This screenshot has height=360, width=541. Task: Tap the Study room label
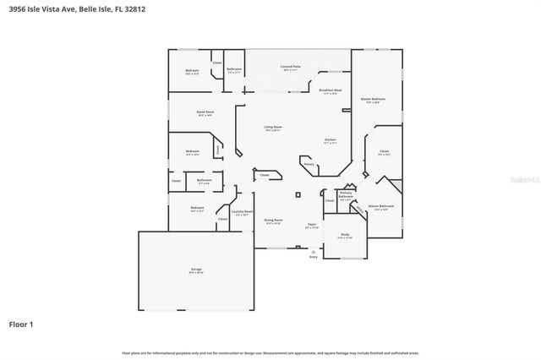point(345,235)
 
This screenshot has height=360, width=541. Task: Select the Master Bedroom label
point(373,100)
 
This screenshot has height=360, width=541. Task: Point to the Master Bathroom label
point(381,207)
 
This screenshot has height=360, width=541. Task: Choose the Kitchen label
point(331,140)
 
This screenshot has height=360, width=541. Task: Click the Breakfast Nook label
point(330,91)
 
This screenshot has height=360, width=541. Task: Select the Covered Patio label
point(291,68)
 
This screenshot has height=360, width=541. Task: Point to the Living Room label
point(272,128)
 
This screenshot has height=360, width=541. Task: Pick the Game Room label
point(205,113)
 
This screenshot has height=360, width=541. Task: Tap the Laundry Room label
point(243,213)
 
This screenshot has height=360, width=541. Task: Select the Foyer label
point(312,225)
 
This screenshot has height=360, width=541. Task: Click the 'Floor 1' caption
point(21,324)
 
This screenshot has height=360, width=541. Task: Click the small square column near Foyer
point(297,194)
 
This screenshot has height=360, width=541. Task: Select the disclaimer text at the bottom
point(270,352)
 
